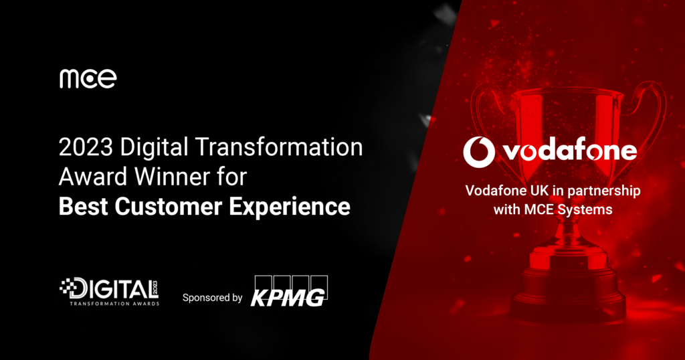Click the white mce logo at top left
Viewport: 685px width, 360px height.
(x=88, y=78)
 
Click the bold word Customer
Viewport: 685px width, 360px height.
(x=171, y=206)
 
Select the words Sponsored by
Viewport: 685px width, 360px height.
(x=212, y=298)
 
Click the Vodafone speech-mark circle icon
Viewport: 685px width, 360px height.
(x=479, y=151)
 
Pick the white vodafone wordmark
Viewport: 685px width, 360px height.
(x=570, y=151)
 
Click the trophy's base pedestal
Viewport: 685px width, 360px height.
(x=569, y=294)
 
